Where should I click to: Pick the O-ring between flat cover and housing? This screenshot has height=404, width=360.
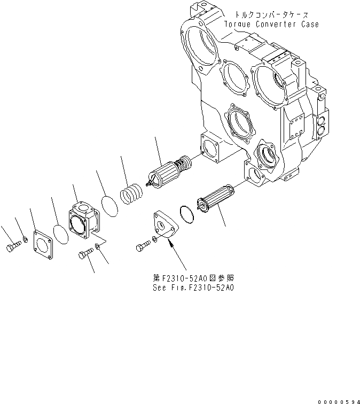[62, 234]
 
